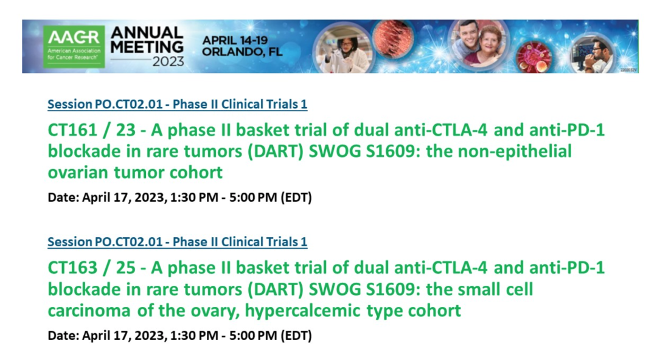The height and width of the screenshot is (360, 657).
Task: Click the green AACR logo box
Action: tap(74, 46)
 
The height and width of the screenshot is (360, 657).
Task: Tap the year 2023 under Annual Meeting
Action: tap(168, 61)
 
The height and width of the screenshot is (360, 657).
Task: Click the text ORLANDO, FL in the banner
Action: tap(242, 52)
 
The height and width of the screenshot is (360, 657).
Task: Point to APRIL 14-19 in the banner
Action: tap(235, 41)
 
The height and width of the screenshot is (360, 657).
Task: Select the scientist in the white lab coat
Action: tap(342, 49)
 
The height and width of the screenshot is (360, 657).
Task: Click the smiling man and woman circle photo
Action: tap(478, 44)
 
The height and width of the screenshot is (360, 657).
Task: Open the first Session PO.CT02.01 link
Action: tap(177, 104)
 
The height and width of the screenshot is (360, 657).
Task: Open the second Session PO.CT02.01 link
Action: tap(177, 242)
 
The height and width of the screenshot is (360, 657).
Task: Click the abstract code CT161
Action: tap(72, 130)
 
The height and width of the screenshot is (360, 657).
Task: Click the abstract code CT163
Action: tap(72, 268)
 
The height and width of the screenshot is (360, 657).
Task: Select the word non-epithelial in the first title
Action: tap(515, 151)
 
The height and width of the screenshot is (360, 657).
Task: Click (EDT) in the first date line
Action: tap(296, 198)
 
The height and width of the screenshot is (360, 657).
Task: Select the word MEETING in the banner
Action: tap(147, 47)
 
